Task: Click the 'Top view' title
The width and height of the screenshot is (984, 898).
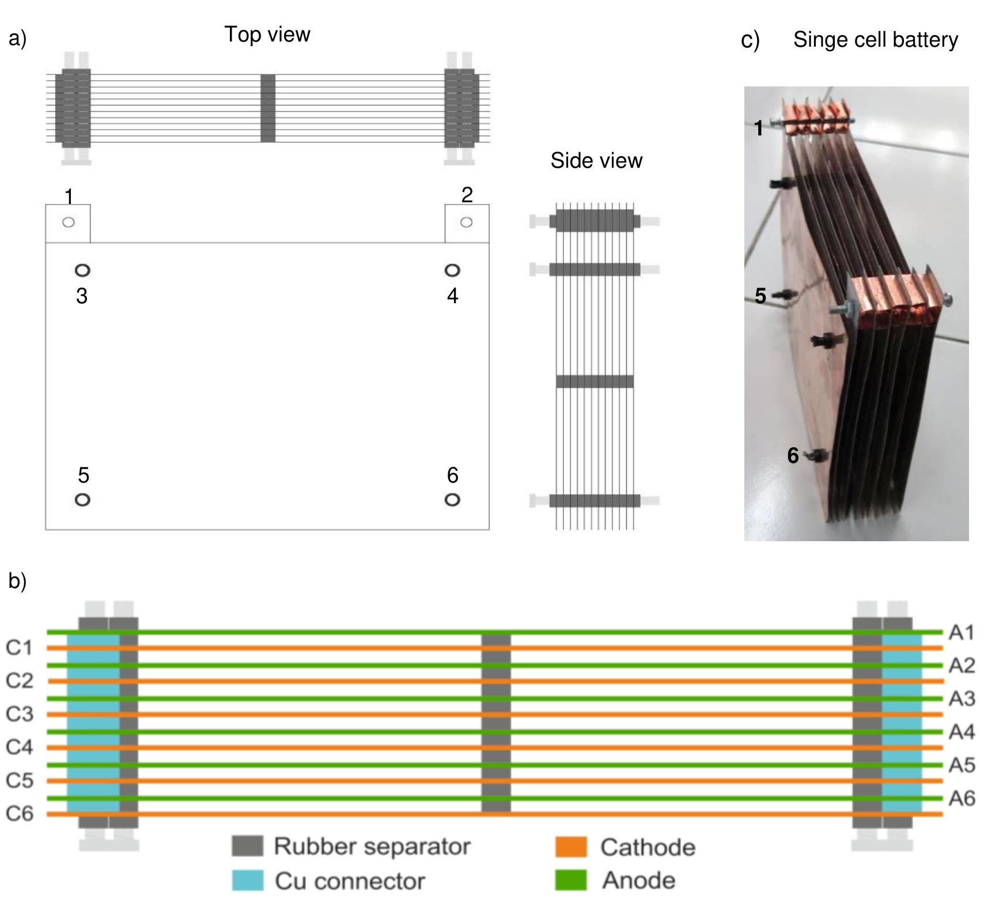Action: click(x=267, y=34)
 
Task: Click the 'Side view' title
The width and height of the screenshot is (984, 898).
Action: click(x=596, y=160)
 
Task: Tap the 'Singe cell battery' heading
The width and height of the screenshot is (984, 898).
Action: click(x=875, y=40)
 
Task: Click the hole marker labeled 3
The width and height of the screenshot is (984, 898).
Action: click(x=82, y=270)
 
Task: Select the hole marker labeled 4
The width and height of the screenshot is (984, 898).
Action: click(x=452, y=270)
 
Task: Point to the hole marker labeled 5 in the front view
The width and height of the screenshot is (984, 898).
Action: click(x=82, y=499)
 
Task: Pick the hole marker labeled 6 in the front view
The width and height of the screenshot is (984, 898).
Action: click(x=452, y=499)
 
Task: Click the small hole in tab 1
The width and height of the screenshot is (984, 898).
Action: click(x=68, y=222)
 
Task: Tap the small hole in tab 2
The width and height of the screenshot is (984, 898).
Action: click(x=466, y=222)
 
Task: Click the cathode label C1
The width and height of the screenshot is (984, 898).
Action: click(x=20, y=648)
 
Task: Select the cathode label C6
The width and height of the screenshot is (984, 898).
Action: click(x=20, y=813)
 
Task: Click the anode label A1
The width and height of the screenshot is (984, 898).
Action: click(x=961, y=632)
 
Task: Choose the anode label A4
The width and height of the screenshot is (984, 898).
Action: click(x=961, y=732)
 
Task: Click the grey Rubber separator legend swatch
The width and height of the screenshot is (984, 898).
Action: click(x=247, y=846)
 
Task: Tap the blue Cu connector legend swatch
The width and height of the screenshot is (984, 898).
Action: click(x=247, y=880)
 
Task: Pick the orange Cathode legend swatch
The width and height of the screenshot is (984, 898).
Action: click(x=570, y=847)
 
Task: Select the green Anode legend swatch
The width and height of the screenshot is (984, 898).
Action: click(x=570, y=880)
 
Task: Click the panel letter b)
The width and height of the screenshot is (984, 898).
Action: click(x=17, y=581)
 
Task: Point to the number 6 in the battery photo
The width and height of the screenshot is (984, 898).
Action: click(x=793, y=455)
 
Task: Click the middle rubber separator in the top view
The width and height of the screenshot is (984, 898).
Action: click(x=268, y=108)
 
